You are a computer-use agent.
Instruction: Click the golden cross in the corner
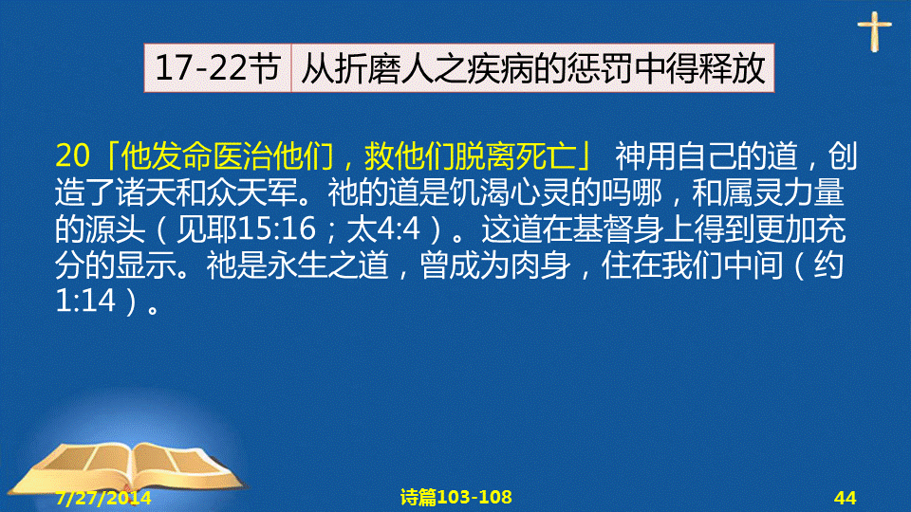874,31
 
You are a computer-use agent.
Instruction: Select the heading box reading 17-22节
218,68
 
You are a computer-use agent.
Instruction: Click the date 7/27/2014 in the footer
103,498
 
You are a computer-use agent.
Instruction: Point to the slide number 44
845,498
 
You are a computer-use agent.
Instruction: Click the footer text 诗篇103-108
456,497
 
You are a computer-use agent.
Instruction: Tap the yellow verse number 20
73,155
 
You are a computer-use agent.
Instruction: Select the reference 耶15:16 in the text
259,229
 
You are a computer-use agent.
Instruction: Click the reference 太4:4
383,229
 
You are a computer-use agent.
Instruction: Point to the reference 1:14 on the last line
85,301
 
